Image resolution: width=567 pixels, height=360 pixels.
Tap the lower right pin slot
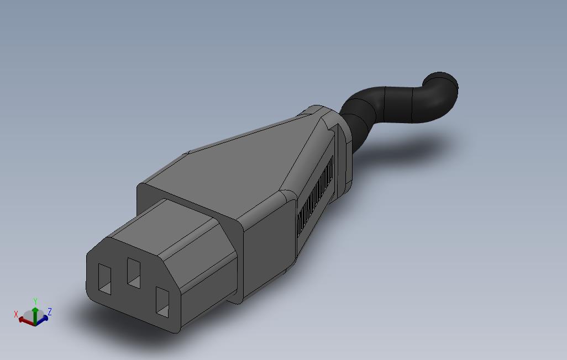pyautogui.click(x=162, y=302)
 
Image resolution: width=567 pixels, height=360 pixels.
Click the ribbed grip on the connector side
pyautogui.click(x=316, y=197)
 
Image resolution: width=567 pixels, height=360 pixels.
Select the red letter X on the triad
pyautogui.click(x=16, y=314)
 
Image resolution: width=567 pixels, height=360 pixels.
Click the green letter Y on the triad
pyautogui.click(x=35, y=300)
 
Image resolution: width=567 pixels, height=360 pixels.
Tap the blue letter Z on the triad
pyautogui.click(x=50, y=311)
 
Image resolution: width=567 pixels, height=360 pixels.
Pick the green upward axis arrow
pyautogui.click(x=35, y=313)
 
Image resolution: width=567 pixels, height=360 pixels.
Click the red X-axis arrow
pyautogui.click(x=25, y=320)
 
